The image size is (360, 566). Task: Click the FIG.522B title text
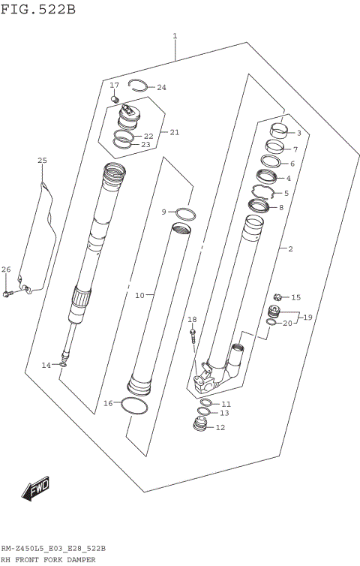tap(38, 9)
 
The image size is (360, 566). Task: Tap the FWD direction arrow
tap(35, 489)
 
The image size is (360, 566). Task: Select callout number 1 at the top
tap(175, 36)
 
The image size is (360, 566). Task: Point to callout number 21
tap(174, 133)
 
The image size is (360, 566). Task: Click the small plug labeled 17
tap(115, 98)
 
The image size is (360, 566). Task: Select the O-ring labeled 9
tap(186, 214)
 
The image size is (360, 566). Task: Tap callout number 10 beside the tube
tap(139, 296)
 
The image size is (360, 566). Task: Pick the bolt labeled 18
tap(193, 333)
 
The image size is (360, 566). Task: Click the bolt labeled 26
tap(8, 293)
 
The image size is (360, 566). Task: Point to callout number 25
tap(42, 161)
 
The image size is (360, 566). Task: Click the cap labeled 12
tap(199, 428)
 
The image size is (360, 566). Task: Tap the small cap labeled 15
tap(278, 297)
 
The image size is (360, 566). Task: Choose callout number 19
tap(307, 318)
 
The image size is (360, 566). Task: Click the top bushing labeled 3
tap(279, 132)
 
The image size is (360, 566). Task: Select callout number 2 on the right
tap(289, 248)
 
